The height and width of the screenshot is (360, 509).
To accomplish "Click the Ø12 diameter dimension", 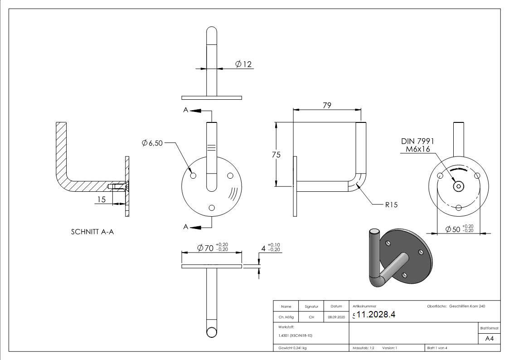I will (x=243, y=64).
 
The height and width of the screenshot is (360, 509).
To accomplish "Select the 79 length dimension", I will (x=326, y=105).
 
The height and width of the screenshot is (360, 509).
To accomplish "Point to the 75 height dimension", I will (x=276, y=155).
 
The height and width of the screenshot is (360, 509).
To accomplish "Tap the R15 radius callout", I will (x=391, y=204).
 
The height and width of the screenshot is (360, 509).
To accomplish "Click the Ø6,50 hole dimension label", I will (x=152, y=143).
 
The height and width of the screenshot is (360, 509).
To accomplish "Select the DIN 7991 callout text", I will (x=417, y=141).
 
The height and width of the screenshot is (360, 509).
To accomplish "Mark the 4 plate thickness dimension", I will (x=271, y=248).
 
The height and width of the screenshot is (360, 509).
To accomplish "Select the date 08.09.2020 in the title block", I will (x=336, y=317).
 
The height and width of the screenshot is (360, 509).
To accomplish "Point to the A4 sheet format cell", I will (x=489, y=338).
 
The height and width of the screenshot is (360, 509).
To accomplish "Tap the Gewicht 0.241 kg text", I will (x=291, y=348).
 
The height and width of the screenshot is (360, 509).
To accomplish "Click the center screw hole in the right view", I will (x=459, y=186).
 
